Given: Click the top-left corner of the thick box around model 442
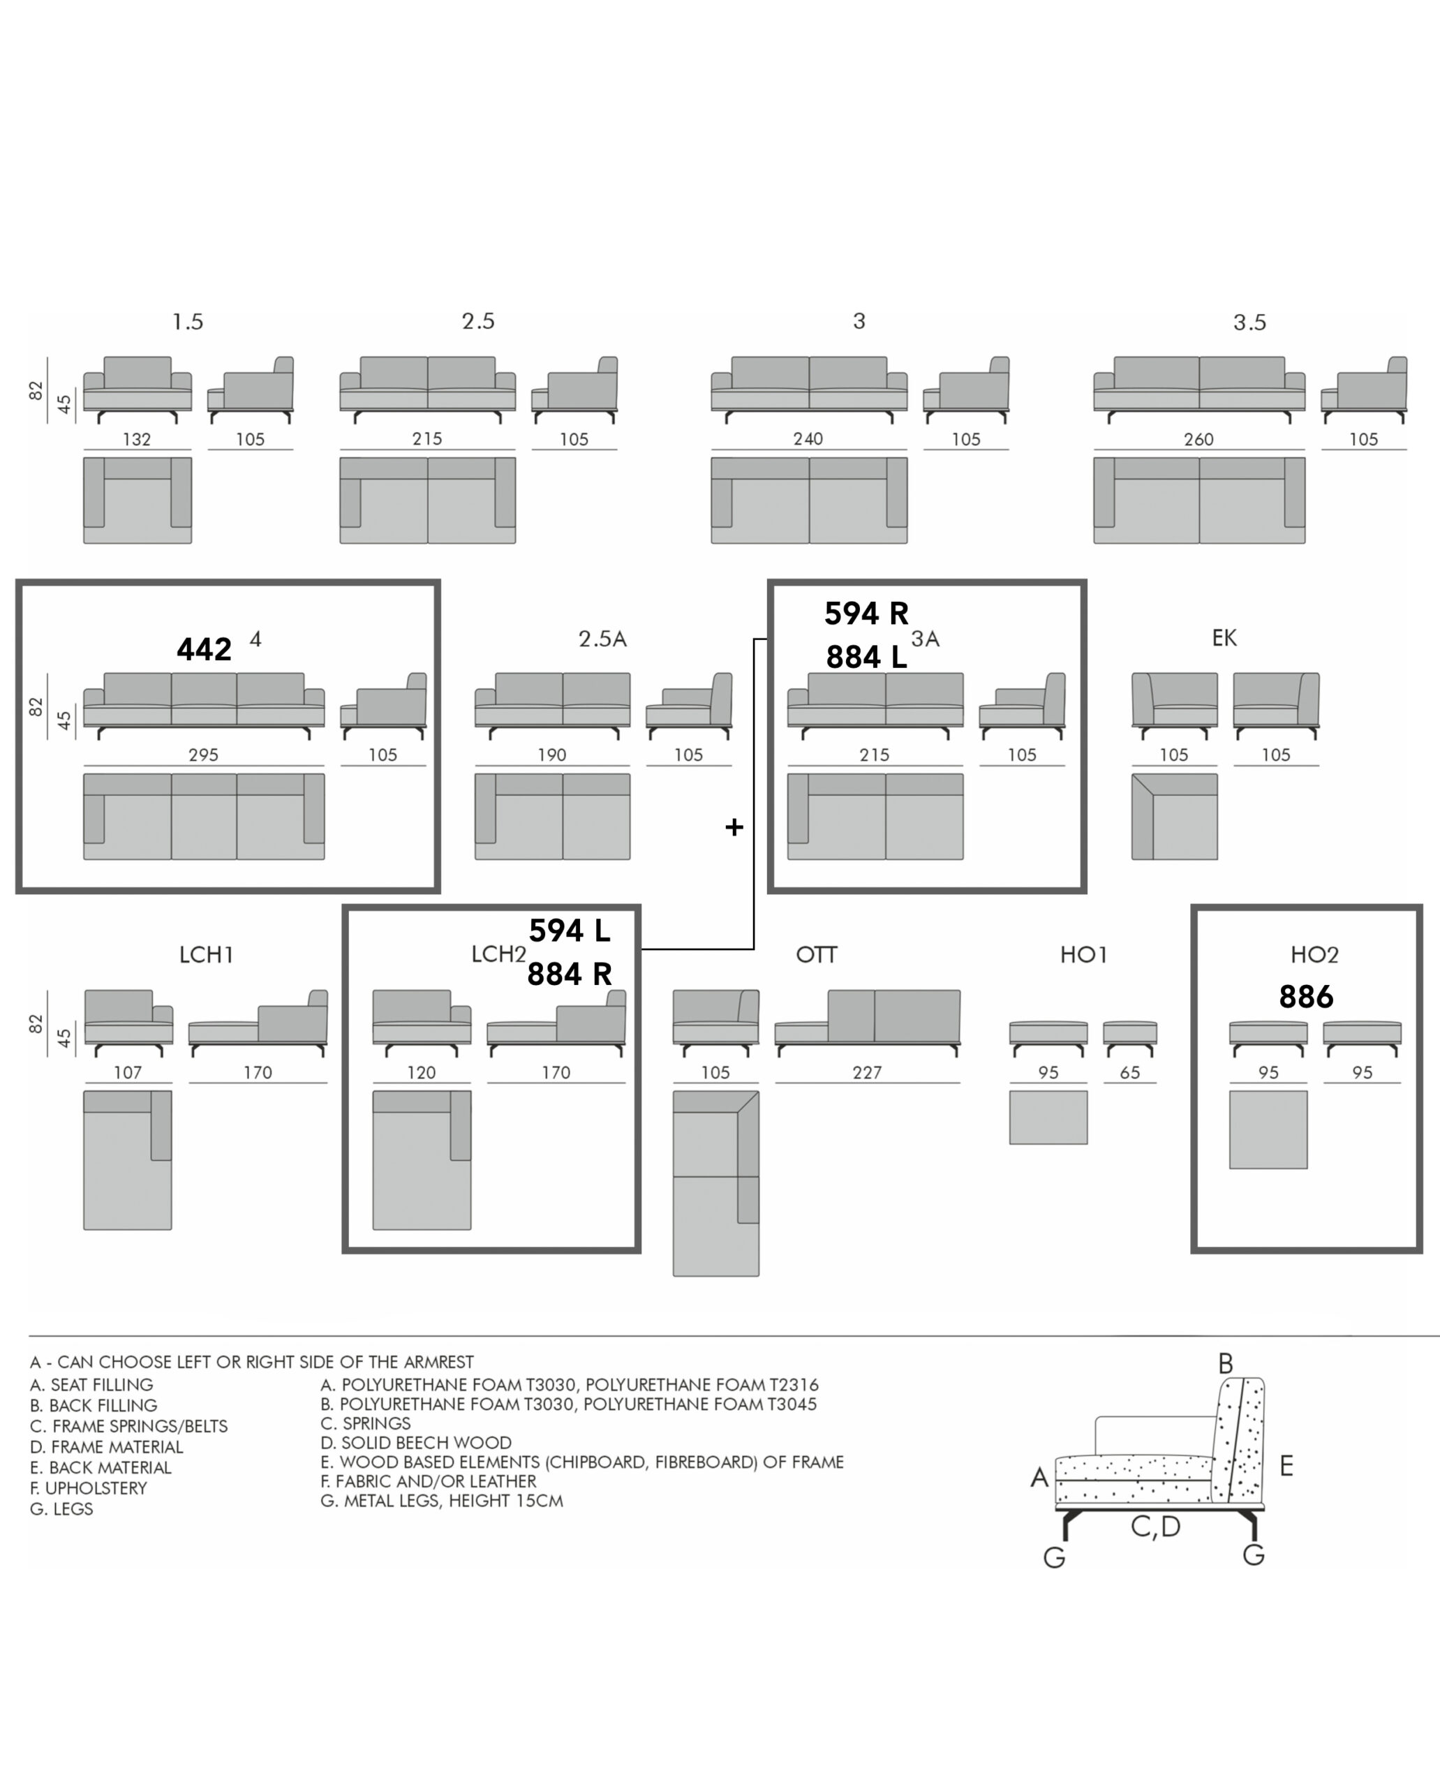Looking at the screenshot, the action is click(x=17, y=581).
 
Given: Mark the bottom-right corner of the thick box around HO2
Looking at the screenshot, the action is click(x=1421, y=1250).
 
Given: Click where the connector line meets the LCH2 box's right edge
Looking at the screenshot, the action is click(x=640, y=948).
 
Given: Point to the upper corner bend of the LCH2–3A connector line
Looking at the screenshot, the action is click(x=754, y=639).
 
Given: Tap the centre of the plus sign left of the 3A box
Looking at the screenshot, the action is click(x=734, y=827).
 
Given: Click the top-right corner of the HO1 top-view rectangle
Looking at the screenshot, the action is click(x=1088, y=1091).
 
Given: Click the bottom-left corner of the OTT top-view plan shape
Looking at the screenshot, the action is click(x=674, y=1276).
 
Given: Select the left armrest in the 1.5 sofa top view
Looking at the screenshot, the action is click(x=94, y=492).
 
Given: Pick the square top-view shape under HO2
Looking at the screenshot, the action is click(x=1268, y=1130).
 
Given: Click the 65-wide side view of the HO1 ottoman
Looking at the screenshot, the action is click(x=1130, y=1038).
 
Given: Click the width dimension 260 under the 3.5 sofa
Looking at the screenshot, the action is click(x=1198, y=439).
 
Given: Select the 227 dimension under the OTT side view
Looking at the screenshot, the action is click(x=867, y=1073).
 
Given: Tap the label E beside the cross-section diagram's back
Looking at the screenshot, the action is click(x=1286, y=1466).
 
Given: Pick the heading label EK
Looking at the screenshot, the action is click(x=1224, y=638).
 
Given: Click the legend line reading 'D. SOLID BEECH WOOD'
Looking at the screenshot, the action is click(x=417, y=1443).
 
